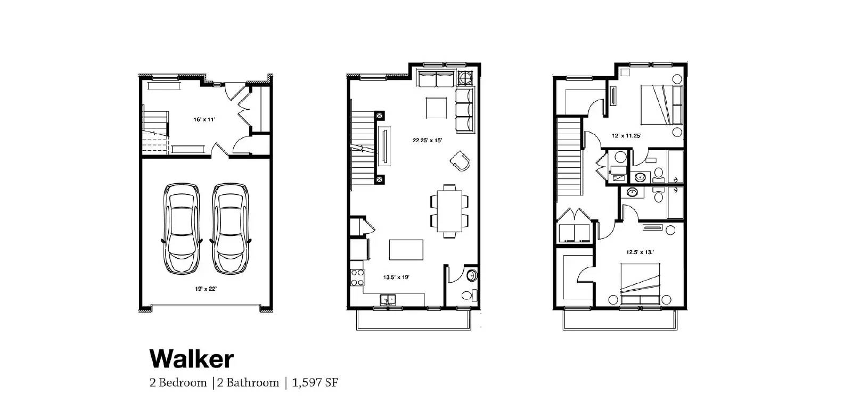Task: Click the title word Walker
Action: point(191,359)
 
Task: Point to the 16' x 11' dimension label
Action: point(204,120)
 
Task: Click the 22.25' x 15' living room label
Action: point(428,141)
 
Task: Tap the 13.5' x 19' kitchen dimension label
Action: point(397,277)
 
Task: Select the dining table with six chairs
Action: point(450,210)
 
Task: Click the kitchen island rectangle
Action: point(406,249)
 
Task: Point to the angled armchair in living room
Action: point(460,160)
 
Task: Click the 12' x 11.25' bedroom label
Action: point(626,136)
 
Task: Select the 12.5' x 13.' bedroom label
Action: point(641,252)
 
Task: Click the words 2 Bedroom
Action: point(178,383)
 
